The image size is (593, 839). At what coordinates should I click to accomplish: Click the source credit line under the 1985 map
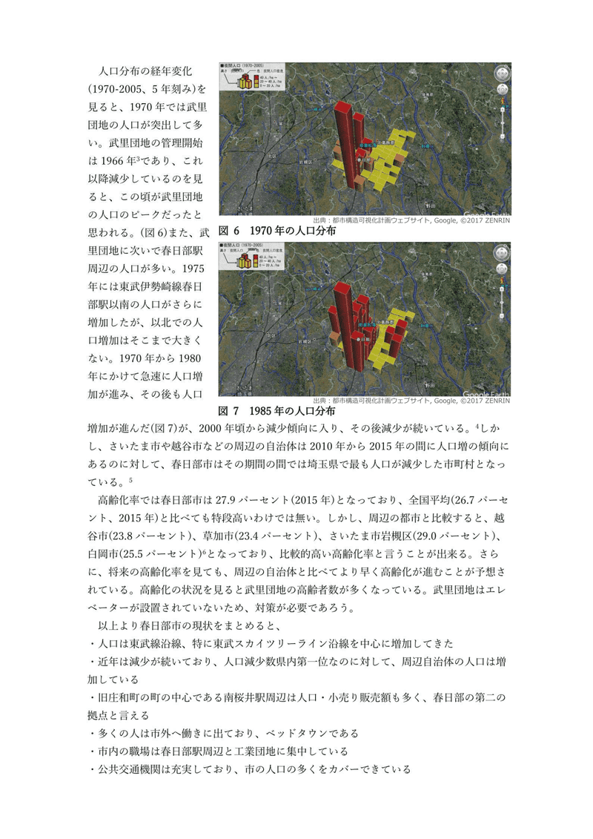tap(411, 401)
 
